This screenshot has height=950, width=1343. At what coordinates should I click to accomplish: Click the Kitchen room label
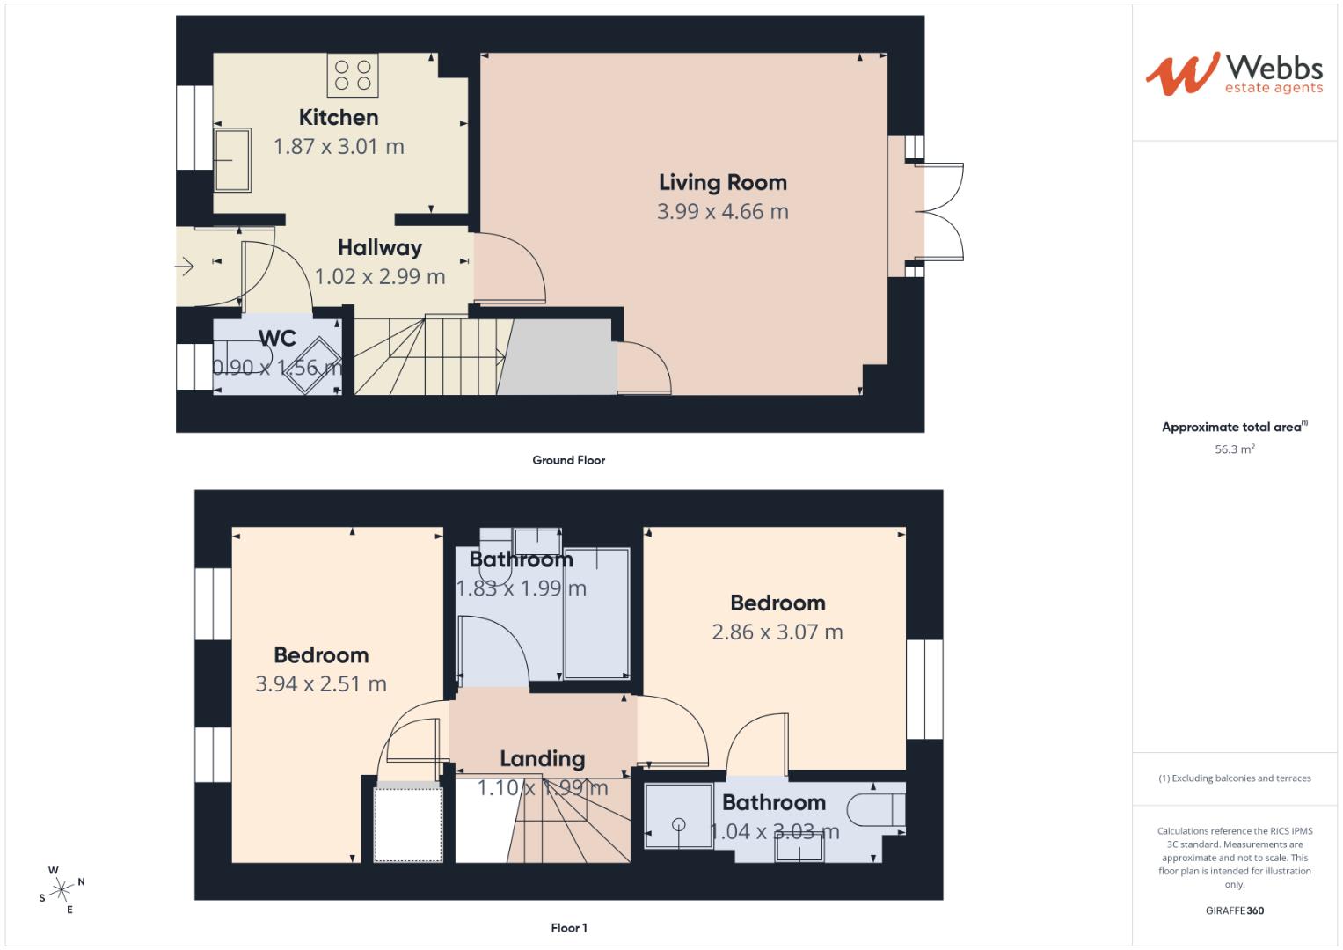[x=339, y=117]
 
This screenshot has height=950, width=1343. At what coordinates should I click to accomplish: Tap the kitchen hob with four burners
[x=353, y=75]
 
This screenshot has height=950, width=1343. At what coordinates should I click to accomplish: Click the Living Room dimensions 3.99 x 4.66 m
[x=722, y=212]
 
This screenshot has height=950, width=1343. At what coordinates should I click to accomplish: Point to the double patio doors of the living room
[x=939, y=211]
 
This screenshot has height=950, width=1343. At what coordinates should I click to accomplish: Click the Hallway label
[x=379, y=248]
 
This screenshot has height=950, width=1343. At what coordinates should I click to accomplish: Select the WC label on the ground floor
[x=277, y=339]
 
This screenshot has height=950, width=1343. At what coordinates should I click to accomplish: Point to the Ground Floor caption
[x=568, y=460]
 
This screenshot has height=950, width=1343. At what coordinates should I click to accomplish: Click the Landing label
[x=542, y=759]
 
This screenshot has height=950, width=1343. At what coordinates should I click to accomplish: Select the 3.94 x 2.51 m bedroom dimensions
[x=321, y=684]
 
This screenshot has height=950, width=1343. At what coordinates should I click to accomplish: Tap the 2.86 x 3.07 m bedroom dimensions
[x=777, y=632]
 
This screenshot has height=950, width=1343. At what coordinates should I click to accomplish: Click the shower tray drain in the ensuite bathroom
[x=678, y=824]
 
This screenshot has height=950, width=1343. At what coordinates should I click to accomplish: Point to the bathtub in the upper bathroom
[x=596, y=614]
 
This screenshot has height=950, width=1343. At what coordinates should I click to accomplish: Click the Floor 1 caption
[x=568, y=928]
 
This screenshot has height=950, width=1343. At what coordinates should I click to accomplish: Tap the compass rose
[x=62, y=889]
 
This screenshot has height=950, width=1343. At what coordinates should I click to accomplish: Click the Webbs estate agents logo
[x=1234, y=74]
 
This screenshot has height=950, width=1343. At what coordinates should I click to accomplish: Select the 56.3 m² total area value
[x=1234, y=449]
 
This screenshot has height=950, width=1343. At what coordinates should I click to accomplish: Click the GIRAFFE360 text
[x=1234, y=910]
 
